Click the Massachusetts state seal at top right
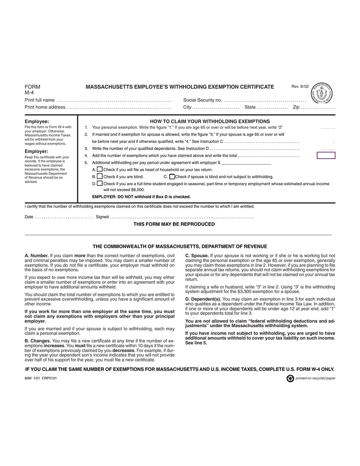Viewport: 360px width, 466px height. click(322, 94)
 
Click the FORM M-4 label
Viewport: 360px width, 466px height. click(32, 89)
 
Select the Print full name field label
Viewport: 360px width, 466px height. click(40, 100)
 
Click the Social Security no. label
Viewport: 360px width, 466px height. click(202, 100)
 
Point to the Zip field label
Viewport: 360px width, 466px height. click(296, 107)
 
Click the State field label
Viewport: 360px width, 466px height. click(250, 107)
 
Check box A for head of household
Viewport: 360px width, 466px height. click(100, 169)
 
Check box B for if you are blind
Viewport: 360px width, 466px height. click(100, 176)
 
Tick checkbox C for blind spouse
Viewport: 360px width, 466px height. click(172, 176)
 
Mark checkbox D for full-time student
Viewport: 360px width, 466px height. click(100, 183)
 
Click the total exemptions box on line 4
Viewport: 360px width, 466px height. click(325, 156)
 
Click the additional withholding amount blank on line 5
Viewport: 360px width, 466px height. click(246, 162)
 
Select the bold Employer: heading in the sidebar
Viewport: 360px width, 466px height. click(36, 151)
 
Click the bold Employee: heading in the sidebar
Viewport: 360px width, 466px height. click(37, 122)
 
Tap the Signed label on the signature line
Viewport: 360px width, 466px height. click(102, 217)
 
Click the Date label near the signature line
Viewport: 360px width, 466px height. click(29, 217)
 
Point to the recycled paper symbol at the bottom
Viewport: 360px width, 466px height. click(290, 378)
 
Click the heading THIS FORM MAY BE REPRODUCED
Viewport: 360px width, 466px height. click(174, 224)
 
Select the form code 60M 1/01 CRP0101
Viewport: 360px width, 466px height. click(41, 378)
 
